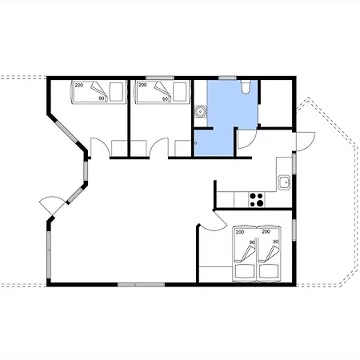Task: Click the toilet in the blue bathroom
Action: coord(246,87)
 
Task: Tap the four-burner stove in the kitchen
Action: coord(257,200)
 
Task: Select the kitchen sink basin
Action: coord(284,182)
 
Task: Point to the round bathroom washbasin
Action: coord(200,112)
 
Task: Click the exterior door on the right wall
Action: coord(306,142)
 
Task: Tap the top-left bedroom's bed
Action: coord(98,92)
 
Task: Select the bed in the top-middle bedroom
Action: coord(162,92)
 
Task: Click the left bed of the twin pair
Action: coord(245,254)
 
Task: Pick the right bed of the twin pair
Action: coord(269,254)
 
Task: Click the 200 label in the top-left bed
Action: coord(79,86)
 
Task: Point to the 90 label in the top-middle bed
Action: coord(166,98)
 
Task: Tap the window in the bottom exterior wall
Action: coord(141,285)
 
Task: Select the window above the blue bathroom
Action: coord(227,78)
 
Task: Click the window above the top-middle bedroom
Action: coord(160,78)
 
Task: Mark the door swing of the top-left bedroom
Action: coord(100,147)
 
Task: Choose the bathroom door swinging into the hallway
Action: coord(247,139)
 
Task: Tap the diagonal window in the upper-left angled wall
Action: coord(66,131)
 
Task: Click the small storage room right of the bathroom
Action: coord(276,103)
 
